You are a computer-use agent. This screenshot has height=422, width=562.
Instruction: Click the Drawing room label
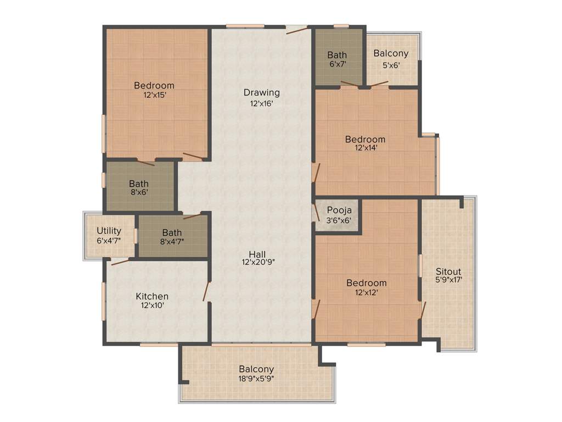[x=262, y=92]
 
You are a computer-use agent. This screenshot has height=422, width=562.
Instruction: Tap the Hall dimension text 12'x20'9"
[x=257, y=263]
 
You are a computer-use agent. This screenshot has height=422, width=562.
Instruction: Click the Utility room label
[x=109, y=231]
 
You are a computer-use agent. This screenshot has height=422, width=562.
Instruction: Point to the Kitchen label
[x=152, y=296]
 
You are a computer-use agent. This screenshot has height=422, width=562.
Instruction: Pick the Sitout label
[x=448, y=271]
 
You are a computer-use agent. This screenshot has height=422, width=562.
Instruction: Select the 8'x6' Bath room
[x=139, y=187]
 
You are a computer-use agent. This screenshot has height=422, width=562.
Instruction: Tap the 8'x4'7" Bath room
[x=172, y=237]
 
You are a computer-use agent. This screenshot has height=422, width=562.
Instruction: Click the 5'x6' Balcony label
[x=391, y=53]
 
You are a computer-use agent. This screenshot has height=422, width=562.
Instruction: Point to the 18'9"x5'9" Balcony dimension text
[x=256, y=378]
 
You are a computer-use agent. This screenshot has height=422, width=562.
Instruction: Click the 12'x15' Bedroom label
[x=154, y=85]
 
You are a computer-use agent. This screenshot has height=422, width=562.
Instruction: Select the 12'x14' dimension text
[x=365, y=148]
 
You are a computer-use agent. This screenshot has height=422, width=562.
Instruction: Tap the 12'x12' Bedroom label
[x=366, y=283]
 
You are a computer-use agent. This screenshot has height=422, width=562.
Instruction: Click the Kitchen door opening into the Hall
[x=206, y=291]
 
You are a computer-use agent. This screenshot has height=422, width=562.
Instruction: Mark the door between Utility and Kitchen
[x=120, y=262]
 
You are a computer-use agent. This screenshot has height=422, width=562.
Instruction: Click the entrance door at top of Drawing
[x=296, y=30]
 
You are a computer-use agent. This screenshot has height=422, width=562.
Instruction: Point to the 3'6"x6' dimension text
[x=339, y=220]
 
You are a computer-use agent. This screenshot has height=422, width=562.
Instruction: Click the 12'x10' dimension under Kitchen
[x=152, y=306]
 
